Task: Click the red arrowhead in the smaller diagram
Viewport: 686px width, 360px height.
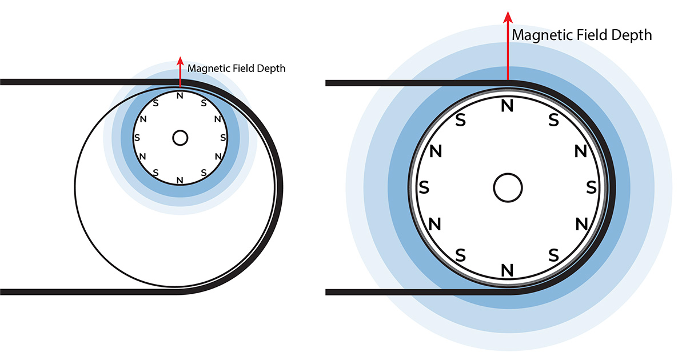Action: pyautogui.click(x=181, y=61)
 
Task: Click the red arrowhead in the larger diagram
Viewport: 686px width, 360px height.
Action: pyautogui.click(x=508, y=17)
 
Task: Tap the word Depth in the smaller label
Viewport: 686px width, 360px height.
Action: pyautogui.click(x=271, y=69)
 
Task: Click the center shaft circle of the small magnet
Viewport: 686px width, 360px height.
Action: pyautogui.click(x=180, y=138)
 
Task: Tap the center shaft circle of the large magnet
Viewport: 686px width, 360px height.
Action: pyautogui.click(x=508, y=187)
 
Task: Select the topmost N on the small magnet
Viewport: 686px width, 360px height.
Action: pyautogui.click(x=180, y=96)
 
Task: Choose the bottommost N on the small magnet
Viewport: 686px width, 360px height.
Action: pyautogui.click(x=180, y=181)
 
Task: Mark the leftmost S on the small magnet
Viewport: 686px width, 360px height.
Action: pyautogui.click(x=137, y=138)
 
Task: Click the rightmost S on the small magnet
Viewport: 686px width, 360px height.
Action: pyautogui.click(x=223, y=138)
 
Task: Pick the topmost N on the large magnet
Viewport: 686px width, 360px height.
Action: pyautogui.click(x=507, y=106)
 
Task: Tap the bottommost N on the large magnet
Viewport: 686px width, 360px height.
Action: pyautogui.click(x=507, y=270)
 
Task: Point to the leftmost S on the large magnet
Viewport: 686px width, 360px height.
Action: pyautogui.click(x=424, y=187)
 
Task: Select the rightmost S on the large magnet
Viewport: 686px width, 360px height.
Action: pyautogui.click(x=591, y=187)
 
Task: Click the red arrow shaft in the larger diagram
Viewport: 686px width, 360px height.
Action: pyautogui.click(x=508, y=51)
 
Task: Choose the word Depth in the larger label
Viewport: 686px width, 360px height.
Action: pyautogui.click(x=632, y=35)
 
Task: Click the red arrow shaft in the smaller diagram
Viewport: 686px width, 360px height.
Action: pyautogui.click(x=180, y=76)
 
